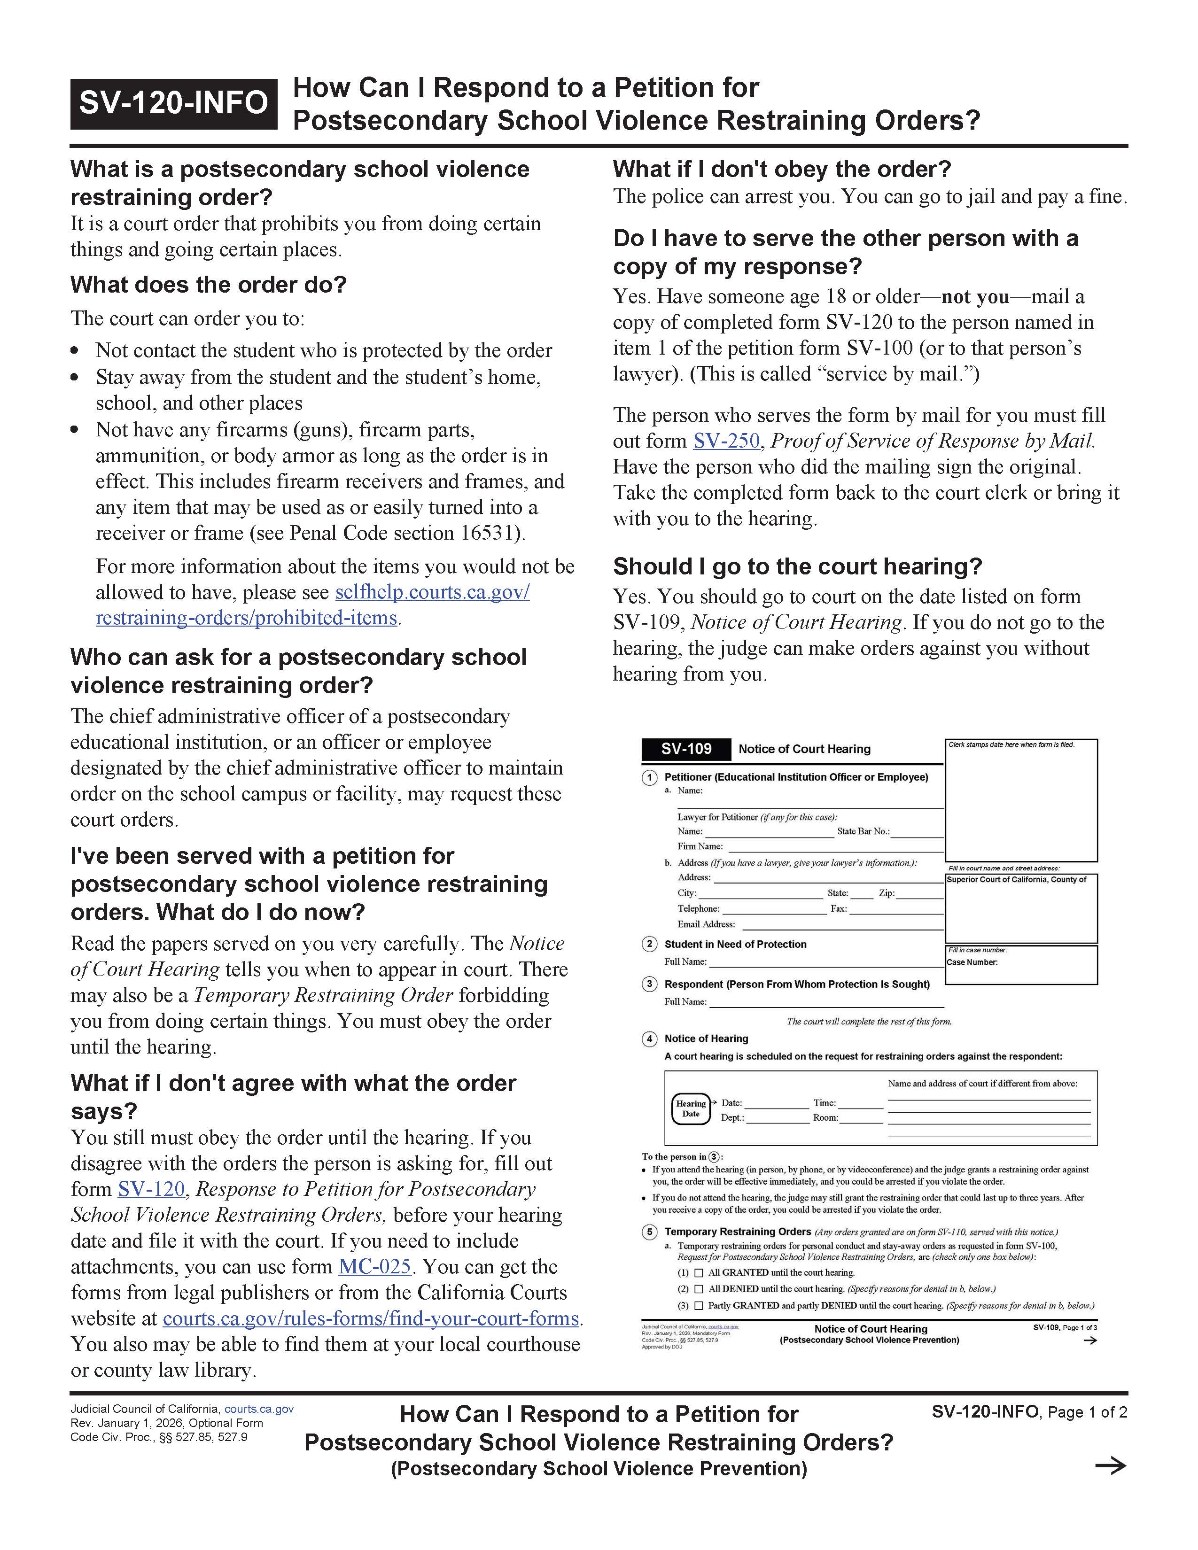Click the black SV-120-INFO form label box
pyautogui.click(x=173, y=103)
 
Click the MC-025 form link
pyautogui.click(x=375, y=1267)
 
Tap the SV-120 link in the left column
pyautogui.click(x=151, y=1189)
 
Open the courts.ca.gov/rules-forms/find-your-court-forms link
pyautogui.click(x=371, y=1318)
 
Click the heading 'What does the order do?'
pyautogui.click(x=208, y=285)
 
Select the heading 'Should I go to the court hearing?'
pyautogui.click(x=797, y=566)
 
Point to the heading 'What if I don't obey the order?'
pyautogui.click(x=781, y=169)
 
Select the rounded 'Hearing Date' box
pyautogui.click(x=691, y=1108)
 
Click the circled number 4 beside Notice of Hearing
pyautogui.click(x=649, y=1039)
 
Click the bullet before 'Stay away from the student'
pyautogui.click(x=75, y=378)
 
